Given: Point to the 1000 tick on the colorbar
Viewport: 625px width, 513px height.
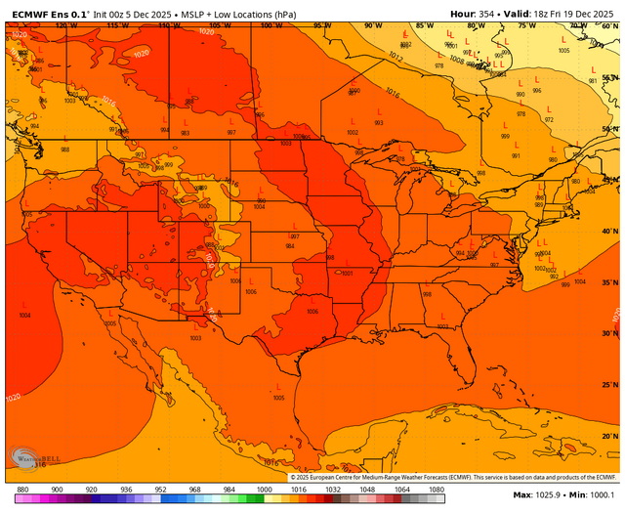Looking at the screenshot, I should pos(264,489).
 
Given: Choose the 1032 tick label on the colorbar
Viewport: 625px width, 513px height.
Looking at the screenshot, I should pos(333,489).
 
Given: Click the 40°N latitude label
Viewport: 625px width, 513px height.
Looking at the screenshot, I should pos(608,231).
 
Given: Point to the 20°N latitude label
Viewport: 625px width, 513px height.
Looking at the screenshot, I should pos(608,436).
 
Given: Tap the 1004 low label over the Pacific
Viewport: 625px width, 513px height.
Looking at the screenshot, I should pos(23,316).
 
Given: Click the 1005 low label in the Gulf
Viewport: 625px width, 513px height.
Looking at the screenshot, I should pos(279,398).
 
